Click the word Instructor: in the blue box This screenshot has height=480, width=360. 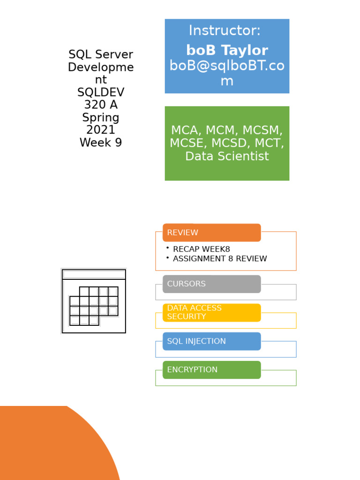(x=225, y=31)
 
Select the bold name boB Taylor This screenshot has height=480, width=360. (x=227, y=50)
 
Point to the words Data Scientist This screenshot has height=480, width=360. (x=227, y=156)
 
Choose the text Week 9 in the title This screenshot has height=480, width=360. (x=101, y=142)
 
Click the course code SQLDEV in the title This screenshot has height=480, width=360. (x=101, y=92)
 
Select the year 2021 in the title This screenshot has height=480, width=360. (x=101, y=130)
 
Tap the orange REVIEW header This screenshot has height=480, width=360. (x=211, y=232)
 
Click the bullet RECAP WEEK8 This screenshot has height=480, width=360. (x=201, y=249)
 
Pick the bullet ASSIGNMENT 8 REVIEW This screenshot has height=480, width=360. (x=219, y=259)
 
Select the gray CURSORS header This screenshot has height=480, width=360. (x=211, y=284)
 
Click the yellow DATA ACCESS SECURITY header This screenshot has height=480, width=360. (x=211, y=313)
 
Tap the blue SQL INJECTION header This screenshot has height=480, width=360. (x=211, y=341)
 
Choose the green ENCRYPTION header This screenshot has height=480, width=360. (x=211, y=370)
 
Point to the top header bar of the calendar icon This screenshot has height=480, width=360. (x=94, y=274)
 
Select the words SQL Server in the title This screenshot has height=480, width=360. (x=101, y=54)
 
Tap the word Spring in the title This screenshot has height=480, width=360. (x=101, y=117)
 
